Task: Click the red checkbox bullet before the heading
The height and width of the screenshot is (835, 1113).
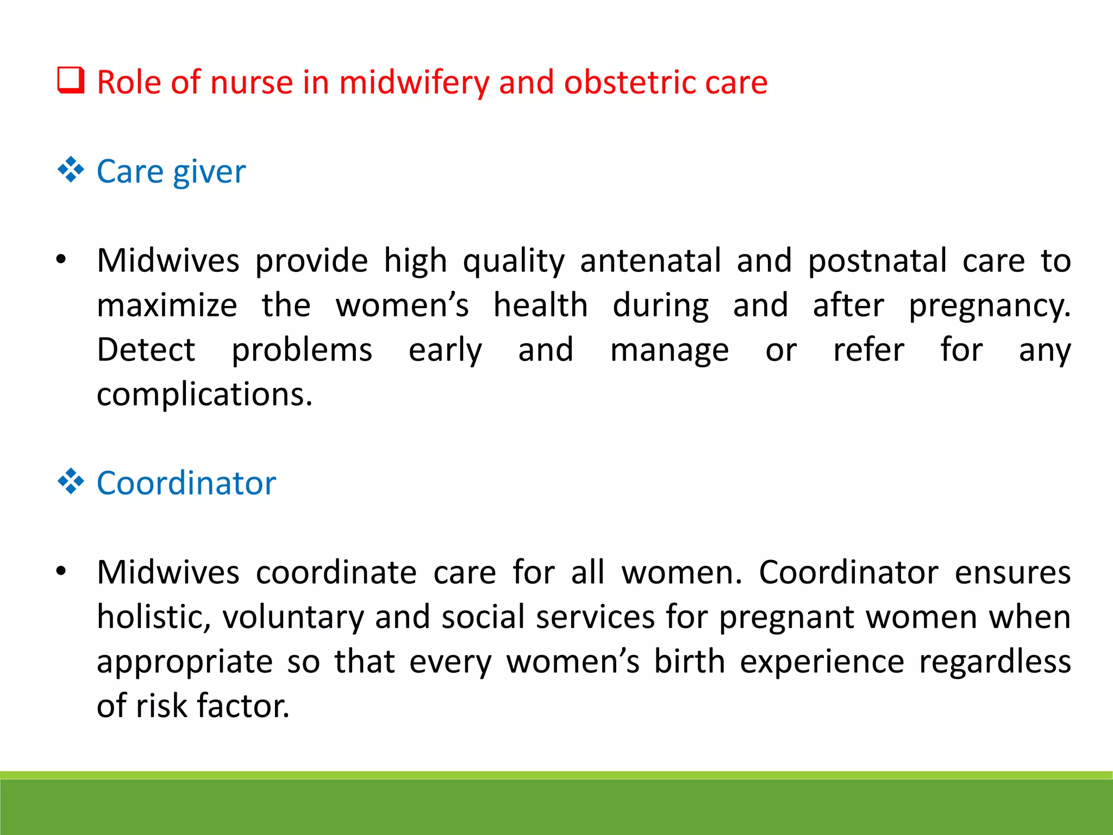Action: (x=71, y=80)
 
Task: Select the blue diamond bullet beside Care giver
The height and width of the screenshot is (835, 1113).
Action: (x=71, y=170)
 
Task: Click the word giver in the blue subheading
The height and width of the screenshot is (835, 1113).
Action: (x=209, y=173)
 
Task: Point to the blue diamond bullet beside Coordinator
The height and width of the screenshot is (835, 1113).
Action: (x=71, y=481)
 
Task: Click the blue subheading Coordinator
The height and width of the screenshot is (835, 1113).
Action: (x=186, y=483)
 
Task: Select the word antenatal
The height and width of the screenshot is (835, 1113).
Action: (x=651, y=260)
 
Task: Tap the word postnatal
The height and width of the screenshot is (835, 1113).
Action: (x=878, y=260)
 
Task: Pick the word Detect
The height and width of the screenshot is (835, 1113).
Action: (x=146, y=350)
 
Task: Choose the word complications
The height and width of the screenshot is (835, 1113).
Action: (x=204, y=395)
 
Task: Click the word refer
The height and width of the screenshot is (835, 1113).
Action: (x=868, y=350)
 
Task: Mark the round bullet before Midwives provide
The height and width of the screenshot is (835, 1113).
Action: (x=61, y=260)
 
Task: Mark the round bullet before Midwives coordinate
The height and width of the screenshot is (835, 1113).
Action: (x=61, y=571)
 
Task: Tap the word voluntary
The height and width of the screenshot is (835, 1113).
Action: (x=293, y=618)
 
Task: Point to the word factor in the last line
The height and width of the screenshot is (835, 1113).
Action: (x=243, y=706)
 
